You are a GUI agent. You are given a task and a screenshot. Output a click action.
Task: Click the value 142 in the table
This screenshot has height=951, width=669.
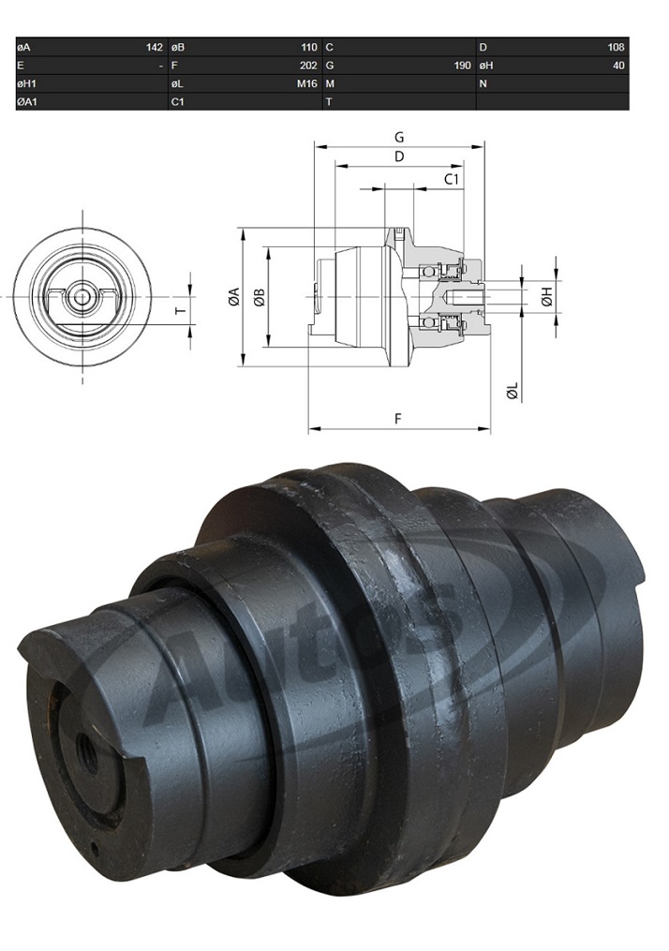[x=154, y=47]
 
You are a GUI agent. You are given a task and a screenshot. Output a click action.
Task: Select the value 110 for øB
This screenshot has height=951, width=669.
[x=307, y=47]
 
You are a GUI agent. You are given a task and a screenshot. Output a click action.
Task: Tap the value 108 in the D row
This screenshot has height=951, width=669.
[x=616, y=47]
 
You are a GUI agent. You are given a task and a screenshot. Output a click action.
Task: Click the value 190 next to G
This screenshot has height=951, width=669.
[x=462, y=66]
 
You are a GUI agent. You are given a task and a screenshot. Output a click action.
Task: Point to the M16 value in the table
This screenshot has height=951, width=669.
[x=307, y=83]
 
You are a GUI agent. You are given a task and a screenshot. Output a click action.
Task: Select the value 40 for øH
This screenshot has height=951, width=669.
[x=617, y=66]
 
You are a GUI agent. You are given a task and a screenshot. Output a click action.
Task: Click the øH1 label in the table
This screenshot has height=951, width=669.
[x=27, y=83]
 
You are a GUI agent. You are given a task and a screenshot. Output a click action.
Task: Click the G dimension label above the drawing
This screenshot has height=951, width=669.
[x=399, y=136]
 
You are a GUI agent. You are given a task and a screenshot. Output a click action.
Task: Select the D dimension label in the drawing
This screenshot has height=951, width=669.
[x=399, y=156]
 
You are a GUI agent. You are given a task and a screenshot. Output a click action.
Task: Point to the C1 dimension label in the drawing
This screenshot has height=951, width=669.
[x=451, y=178]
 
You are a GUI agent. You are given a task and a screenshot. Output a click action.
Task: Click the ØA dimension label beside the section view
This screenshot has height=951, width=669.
[x=233, y=298]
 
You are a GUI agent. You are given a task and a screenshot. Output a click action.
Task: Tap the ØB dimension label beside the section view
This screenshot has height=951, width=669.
[x=260, y=298]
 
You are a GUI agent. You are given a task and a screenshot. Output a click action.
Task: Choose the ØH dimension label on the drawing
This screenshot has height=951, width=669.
[x=547, y=297]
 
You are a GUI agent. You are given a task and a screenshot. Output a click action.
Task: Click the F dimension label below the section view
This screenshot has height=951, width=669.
[x=399, y=419]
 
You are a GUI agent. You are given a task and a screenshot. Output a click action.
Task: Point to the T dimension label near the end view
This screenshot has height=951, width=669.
[x=181, y=309]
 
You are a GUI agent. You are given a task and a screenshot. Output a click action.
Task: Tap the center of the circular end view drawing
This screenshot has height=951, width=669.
[x=82, y=297]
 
